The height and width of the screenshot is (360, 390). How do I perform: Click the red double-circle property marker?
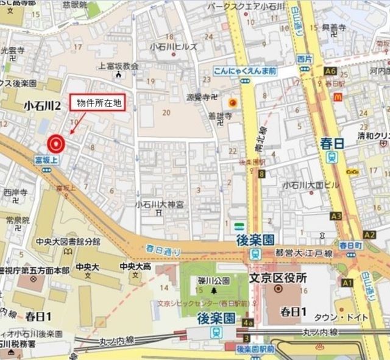(x=55, y=143)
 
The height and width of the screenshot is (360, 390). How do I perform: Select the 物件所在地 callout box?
(x=99, y=104)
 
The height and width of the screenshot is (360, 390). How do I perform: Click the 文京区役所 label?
(x=278, y=278)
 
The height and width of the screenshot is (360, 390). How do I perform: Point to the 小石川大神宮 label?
(x=160, y=204)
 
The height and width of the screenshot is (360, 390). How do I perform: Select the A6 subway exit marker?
(x=331, y=71)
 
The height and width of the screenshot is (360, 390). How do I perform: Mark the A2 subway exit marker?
(x=369, y=235)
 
